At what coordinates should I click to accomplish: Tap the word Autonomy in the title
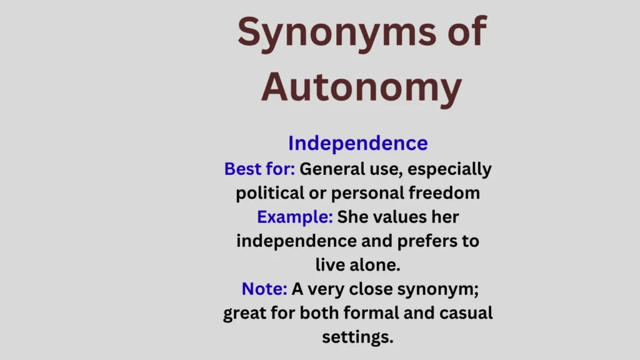pyautogui.click(x=361, y=87)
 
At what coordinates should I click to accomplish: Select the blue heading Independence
pyautogui.click(x=358, y=143)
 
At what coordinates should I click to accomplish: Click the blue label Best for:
pyautogui.click(x=259, y=169)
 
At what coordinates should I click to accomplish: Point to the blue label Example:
pyautogui.click(x=295, y=217)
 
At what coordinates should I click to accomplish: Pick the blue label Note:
pyautogui.click(x=264, y=289)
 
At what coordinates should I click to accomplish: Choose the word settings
pyautogui.click(x=357, y=336)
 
